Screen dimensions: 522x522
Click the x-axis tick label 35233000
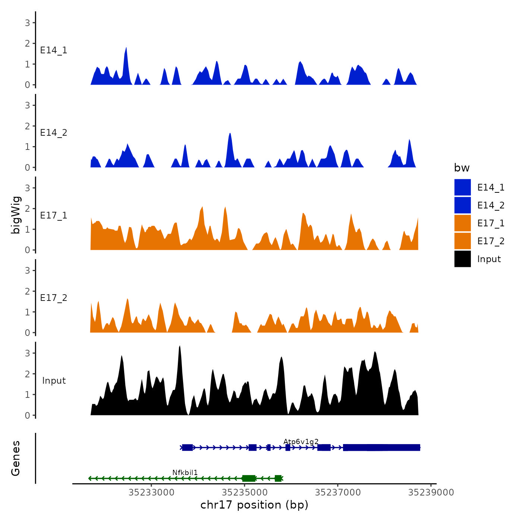pyautogui.click(x=151, y=493)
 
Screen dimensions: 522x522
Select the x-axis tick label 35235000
pyautogui.click(x=245, y=493)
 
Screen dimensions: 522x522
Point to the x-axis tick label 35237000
pyautogui.click(x=338, y=493)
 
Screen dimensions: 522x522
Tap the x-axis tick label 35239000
pyautogui.click(x=431, y=493)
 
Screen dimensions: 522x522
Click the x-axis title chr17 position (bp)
pyautogui.click(x=254, y=505)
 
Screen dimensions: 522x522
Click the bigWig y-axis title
pyautogui.click(x=16, y=215)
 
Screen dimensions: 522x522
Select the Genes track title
pyautogui.click(x=16, y=458)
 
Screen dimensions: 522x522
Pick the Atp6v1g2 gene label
pyautogui.click(x=301, y=441)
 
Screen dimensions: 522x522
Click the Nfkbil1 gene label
pyautogui.click(x=185, y=472)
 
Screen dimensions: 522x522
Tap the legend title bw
pyautogui.click(x=462, y=168)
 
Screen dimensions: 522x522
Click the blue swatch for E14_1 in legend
pyautogui.click(x=462, y=187)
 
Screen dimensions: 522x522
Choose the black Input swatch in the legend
pyautogui.click(x=462, y=259)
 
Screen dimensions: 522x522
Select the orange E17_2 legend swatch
pyautogui.click(x=462, y=241)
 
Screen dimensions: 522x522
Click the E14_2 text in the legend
pyautogui.click(x=491, y=205)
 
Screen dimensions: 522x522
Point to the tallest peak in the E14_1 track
pyautogui.click(x=126, y=48)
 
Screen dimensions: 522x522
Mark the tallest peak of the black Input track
pyautogui.click(x=180, y=346)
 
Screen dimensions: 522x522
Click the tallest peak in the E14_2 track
pyautogui.click(x=230, y=133)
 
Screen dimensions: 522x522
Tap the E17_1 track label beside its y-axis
pyautogui.click(x=54, y=216)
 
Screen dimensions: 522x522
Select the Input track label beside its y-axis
pyautogui.click(x=54, y=381)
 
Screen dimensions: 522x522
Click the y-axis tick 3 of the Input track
pyautogui.click(x=28, y=353)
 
